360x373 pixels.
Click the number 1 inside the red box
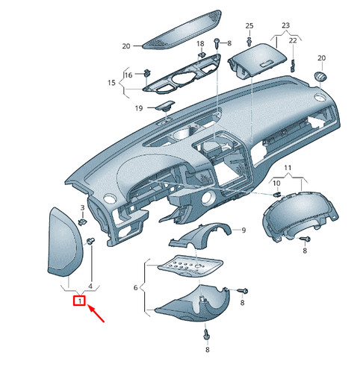[x=80, y=301]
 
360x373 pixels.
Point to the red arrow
[x=96, y=314]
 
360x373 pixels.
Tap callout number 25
[x=249, y=25]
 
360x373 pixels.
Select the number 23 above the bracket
[x=286, y=25]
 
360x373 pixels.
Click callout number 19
[x=139, y=108]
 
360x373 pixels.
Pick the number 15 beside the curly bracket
[x=111, y=83]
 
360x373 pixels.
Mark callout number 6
[x=136, y=288]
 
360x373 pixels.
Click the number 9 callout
[x=243, y=231]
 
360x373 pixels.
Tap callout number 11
[x=288, y=168]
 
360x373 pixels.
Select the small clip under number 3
[x=82, y=222]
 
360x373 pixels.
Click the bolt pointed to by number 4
[x=90, y=241]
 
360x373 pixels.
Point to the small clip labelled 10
[x=277, y=194]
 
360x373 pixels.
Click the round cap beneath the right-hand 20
[x=321, y=76]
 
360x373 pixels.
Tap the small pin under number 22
[x=293, y=65]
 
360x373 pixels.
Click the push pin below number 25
[x=249, y=42]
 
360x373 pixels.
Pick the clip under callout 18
[x=202, y=54]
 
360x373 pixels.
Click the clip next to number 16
[x=147, y=72]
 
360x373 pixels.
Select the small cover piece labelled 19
[x=165, y=105]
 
